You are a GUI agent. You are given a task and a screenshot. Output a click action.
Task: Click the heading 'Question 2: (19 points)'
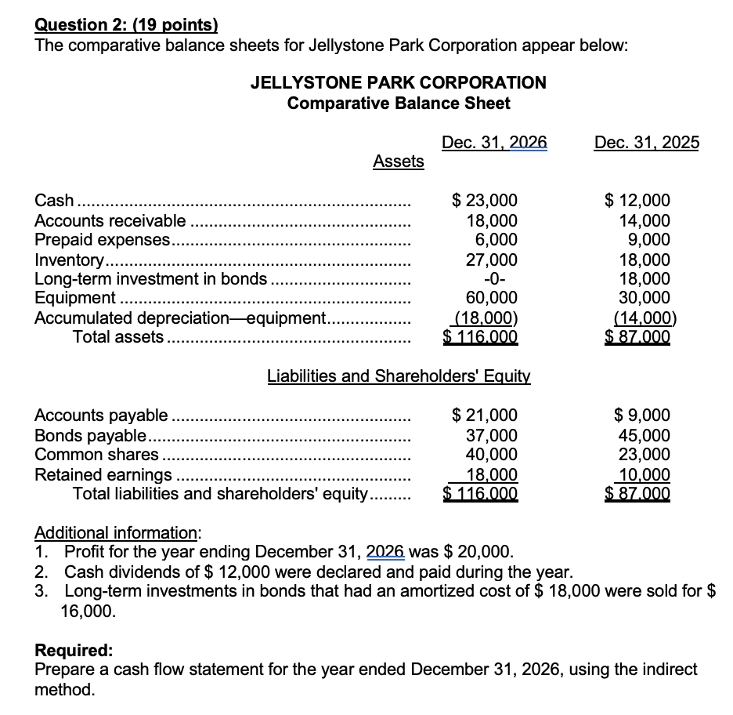click(126, 25)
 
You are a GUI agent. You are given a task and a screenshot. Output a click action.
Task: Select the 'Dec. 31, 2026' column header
click(494, 142)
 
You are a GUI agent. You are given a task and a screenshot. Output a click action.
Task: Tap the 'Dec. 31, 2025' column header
click(646, 142)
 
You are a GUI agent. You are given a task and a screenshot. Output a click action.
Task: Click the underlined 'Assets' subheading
click(398, 162)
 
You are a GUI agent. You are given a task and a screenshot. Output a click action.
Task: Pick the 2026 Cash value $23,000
click(486, 201)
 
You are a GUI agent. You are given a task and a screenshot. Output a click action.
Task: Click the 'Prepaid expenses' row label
click(103, 240)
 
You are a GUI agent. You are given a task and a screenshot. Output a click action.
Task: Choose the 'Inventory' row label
click(69, 260)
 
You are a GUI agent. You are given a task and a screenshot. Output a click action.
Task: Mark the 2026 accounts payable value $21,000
click(486, 416)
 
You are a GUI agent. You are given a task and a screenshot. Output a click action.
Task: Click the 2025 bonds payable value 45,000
click(644, 435)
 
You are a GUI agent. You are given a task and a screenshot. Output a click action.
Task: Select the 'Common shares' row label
click(96, 455)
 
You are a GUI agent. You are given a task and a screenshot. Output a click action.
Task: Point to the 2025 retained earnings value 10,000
click(644, 474)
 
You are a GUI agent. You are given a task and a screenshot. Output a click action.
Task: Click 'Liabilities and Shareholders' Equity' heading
click(399, 376)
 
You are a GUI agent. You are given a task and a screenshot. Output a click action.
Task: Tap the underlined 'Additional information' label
click(117, 533)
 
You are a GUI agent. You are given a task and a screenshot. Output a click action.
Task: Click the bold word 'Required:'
click(74, 651)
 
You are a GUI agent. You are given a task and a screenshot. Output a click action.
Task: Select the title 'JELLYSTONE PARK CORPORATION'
click(398, 82)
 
